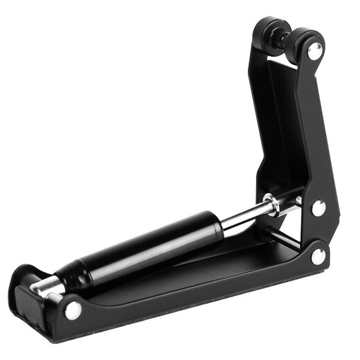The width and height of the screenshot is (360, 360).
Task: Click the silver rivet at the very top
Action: pos(314,51)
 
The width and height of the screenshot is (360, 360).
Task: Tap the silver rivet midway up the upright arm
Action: pos(318,207)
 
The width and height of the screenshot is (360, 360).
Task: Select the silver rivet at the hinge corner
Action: pos(318,256)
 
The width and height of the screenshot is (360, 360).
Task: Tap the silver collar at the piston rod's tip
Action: pos(271,204)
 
